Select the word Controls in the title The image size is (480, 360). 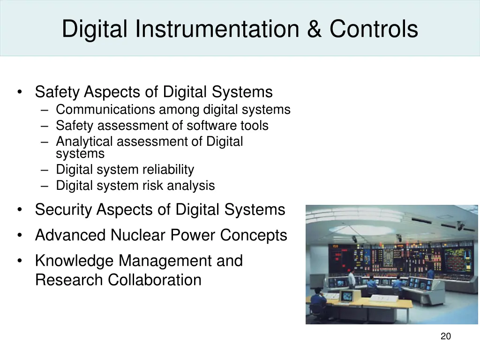coord(373,29)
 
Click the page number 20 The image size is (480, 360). coord(446,336)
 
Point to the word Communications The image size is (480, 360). coord(105,110)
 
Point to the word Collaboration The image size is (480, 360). coord(155,280)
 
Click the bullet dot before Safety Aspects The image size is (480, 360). coord(19,92)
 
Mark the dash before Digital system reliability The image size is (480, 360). coord(45,170)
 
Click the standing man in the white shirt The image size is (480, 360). coord(352,279)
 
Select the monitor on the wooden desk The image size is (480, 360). coord(347,296)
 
